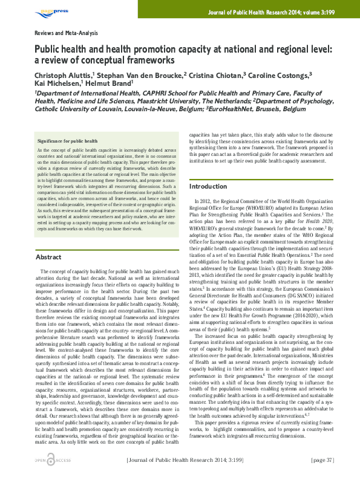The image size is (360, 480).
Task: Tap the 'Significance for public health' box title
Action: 67,140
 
